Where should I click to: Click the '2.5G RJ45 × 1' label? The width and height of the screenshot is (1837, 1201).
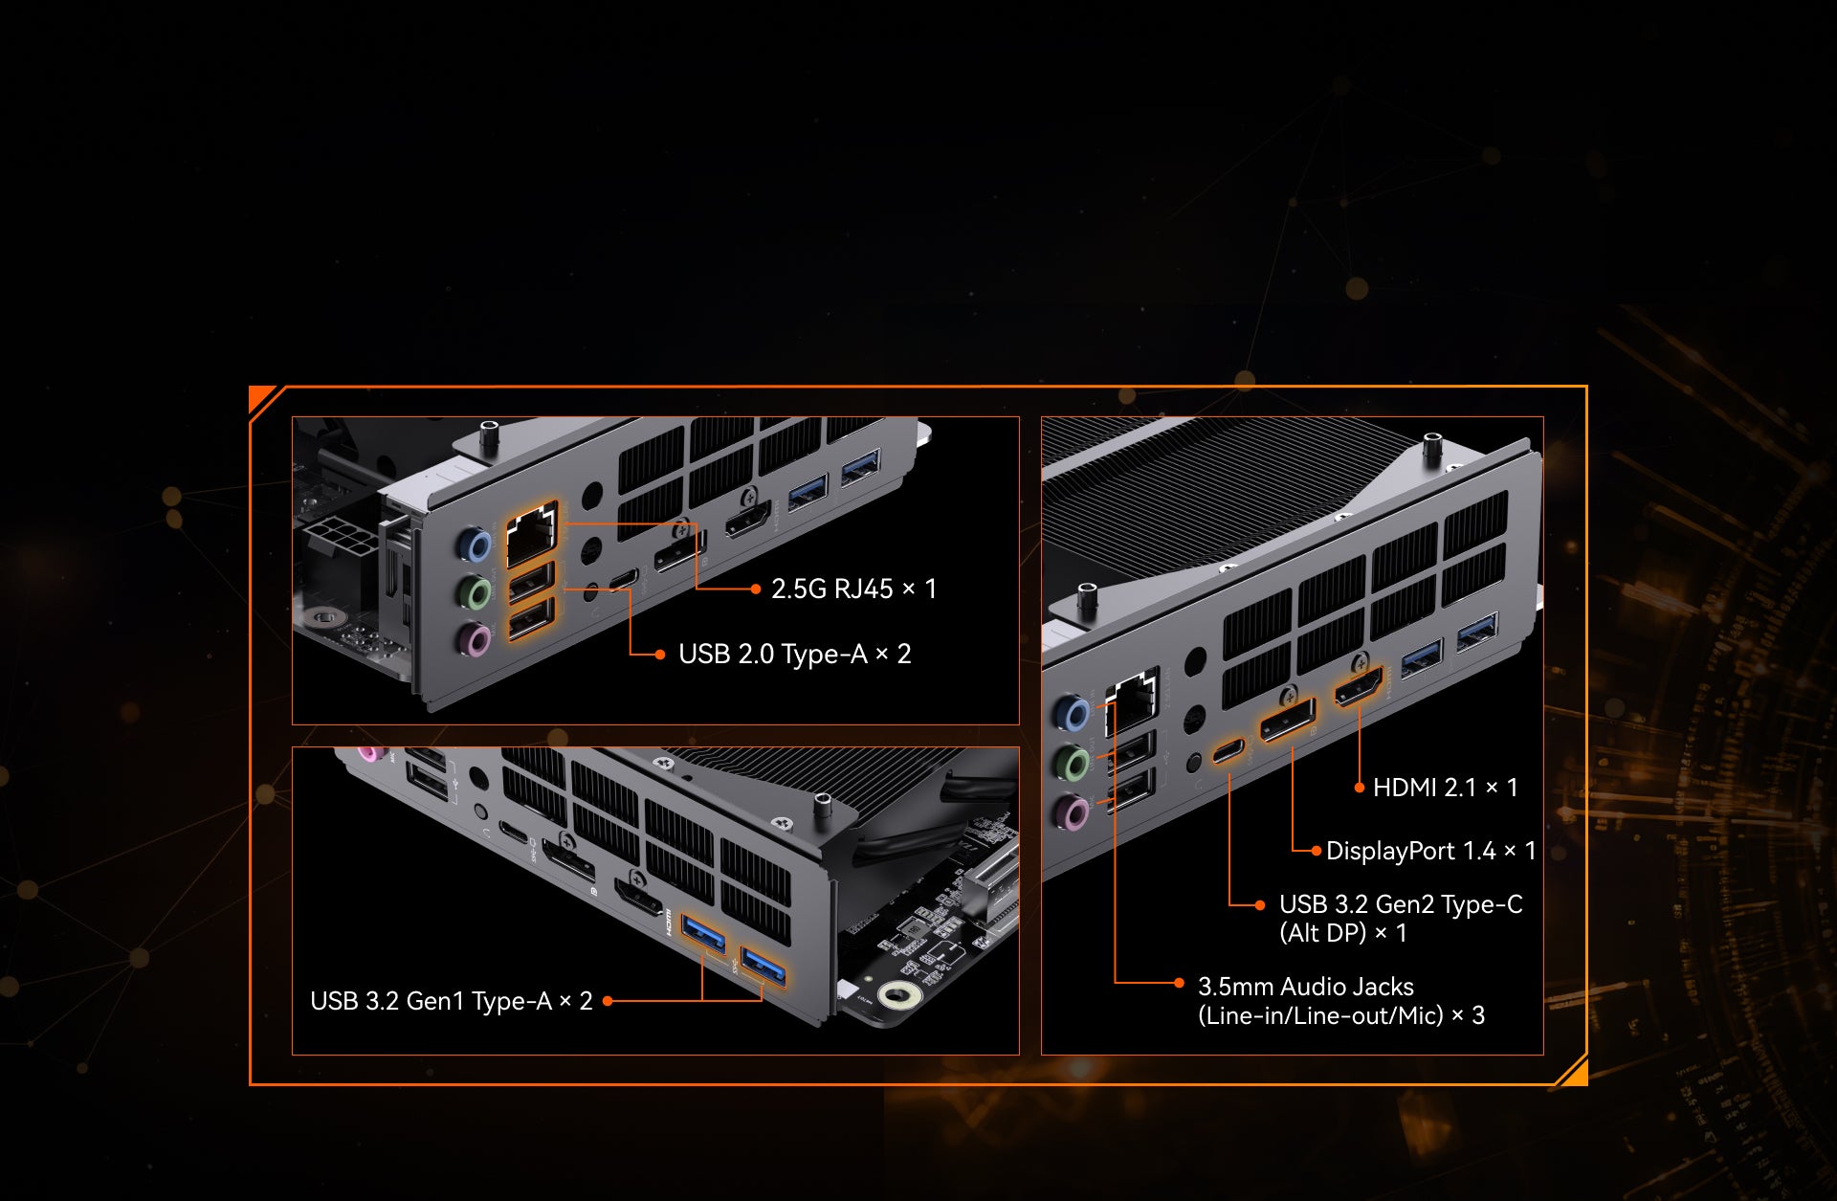coord(853,589)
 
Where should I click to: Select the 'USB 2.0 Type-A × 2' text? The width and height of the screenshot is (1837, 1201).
coord(794,655)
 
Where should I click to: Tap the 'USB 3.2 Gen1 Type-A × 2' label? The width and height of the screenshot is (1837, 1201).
coord(452,1001)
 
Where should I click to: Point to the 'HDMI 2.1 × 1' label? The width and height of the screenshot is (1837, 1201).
coord(1445,788)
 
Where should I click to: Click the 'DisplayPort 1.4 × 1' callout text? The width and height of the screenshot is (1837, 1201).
coord(1430,851)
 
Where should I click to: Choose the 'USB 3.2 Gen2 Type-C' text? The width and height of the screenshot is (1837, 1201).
coord(1401,904)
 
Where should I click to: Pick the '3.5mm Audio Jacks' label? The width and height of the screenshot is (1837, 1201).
coord(1305,987)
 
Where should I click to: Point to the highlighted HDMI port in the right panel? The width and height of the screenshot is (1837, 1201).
coord(1360,687)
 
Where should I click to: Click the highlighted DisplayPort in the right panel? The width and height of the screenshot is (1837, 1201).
coord(1287,721)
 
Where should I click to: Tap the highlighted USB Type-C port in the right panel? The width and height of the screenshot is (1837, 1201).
coord(1228,751)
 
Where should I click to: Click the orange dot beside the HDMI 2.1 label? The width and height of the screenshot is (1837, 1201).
coord(1360,788)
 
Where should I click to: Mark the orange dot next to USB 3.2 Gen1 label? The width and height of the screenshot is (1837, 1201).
coord(608,1001)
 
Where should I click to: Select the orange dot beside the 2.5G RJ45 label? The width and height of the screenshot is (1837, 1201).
coord(756,589)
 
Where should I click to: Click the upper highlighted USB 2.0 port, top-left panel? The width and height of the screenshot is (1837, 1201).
coord(531,582)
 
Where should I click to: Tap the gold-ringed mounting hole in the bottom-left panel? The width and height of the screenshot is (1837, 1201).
coord(899,996)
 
